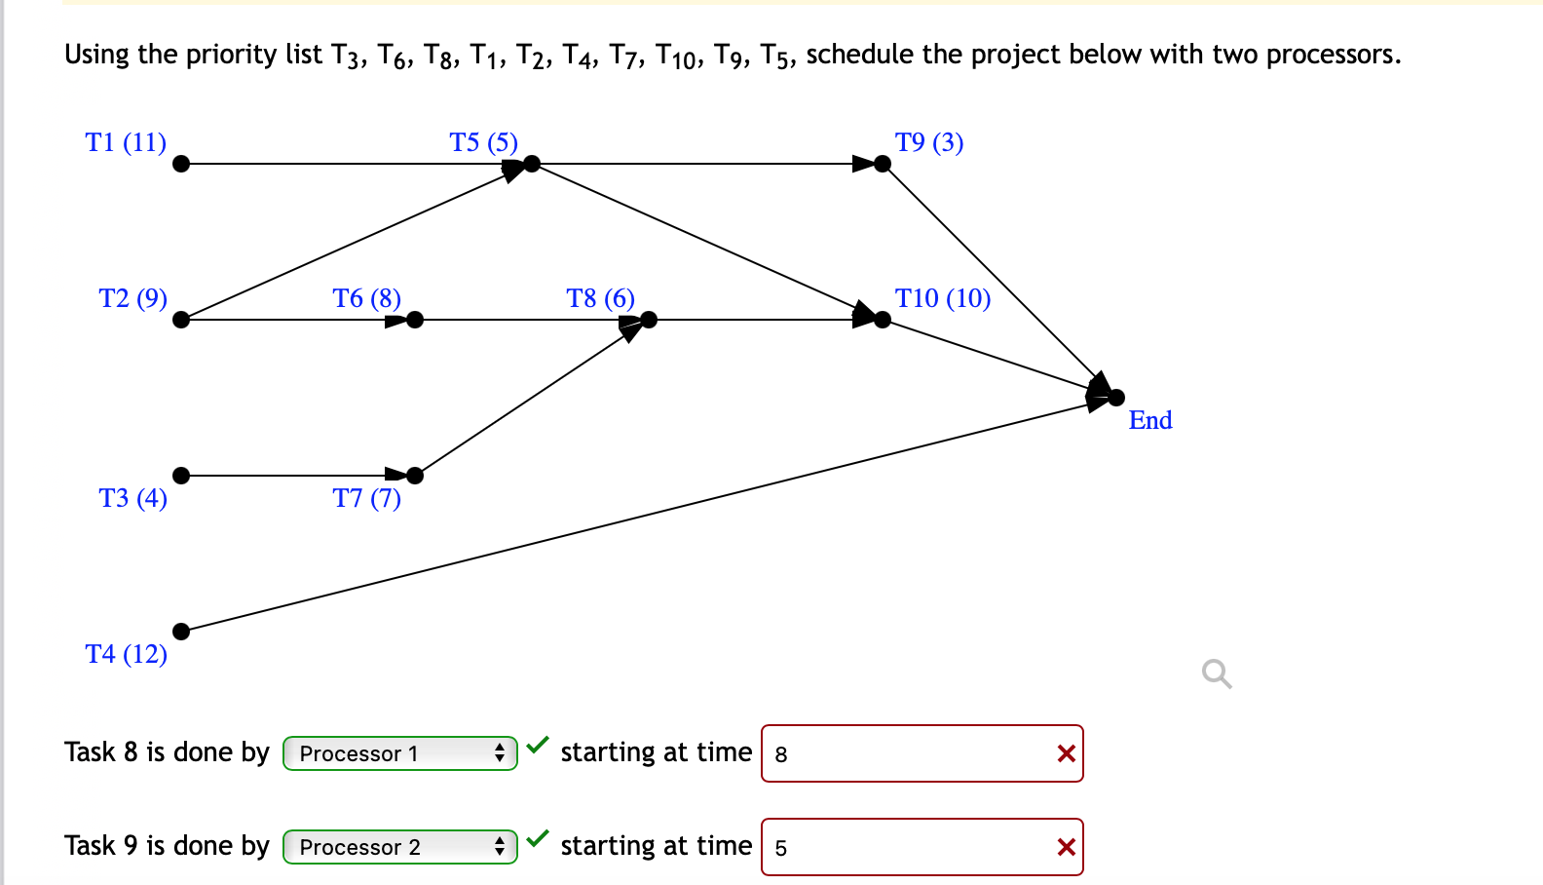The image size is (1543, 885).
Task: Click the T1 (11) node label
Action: tap(126, 142)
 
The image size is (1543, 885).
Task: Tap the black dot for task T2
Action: tap(181, 320)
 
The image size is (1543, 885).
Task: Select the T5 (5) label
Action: tap(483, 142)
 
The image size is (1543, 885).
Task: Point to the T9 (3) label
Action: tap(928, 142)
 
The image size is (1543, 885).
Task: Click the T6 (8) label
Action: tap(366, 298)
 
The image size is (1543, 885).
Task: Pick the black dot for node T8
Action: tap(649, 320)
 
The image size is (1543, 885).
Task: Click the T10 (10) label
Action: tap(942, 298)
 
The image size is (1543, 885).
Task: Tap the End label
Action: tap(1149, 420)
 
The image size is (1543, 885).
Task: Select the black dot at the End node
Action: tap(1116, 398)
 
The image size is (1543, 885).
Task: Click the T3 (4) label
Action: tap(132, 498)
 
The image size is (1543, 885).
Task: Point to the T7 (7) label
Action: tap(366, 498)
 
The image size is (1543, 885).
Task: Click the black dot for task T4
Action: tap(181, 632)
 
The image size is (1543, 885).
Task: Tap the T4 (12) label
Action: tap(126, 654)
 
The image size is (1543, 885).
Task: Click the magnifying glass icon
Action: tap(1216, 673)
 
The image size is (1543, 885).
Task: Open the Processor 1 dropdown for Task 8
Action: tap(399, 753)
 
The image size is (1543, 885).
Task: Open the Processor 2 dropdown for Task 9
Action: tap(399, 847)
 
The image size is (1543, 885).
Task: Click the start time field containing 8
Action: tap(906, 753)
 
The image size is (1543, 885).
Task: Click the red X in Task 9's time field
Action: tap(1066, 847)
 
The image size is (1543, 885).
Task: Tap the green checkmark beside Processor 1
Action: tap(538, 746)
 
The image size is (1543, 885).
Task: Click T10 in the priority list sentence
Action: tap(676, 56)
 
